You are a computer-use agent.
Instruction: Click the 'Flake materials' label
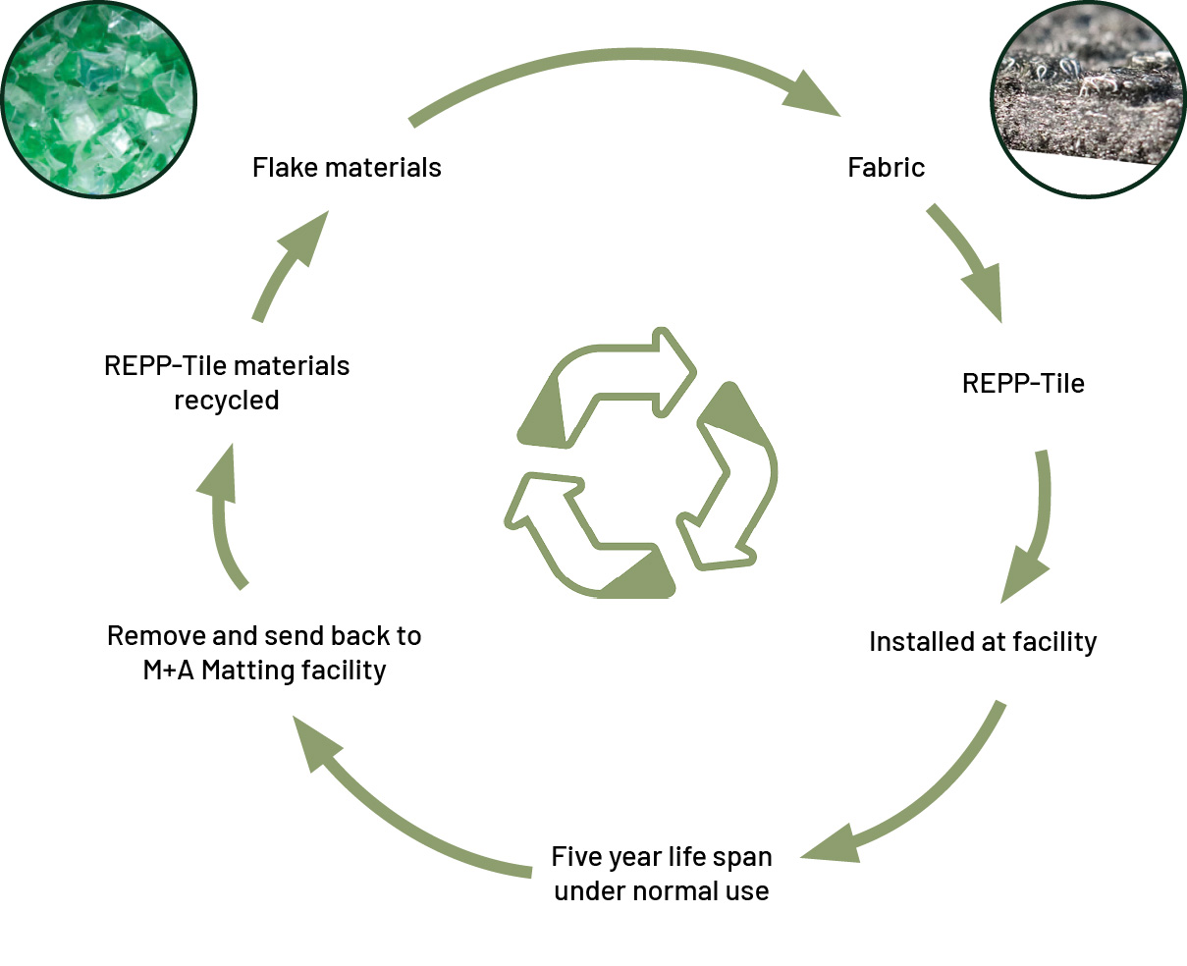click(x=347, y=167)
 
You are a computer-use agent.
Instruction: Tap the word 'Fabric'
click(x=886, y=167)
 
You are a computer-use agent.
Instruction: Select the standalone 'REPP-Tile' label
click(x=1023, y=383)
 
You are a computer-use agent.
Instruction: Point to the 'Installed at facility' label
click(x=983, y=642)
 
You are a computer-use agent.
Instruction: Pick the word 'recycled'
click(x=226, y=400)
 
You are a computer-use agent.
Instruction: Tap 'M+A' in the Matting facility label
click(x=168, y=670)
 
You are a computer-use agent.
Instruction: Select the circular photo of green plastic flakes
click(x=98, y=99)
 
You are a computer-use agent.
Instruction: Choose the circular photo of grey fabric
click(x=1089, y=99)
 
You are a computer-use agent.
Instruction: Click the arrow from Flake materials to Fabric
click(x=624, y=56)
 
